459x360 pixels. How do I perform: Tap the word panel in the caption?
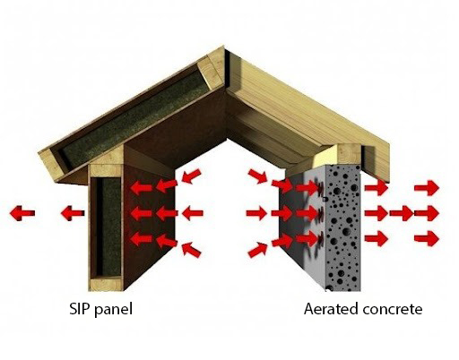(113, 310)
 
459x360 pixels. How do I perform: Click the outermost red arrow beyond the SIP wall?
(22, 213)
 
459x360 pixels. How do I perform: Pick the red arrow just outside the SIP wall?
(73, 213)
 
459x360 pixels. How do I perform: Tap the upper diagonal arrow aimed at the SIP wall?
(191, 176)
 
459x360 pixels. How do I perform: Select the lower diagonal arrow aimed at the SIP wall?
(191, 250)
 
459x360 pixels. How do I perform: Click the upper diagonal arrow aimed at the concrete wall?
(257, 176)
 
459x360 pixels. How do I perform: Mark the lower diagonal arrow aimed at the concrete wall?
(257, 250)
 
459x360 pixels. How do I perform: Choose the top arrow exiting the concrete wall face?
(377, 188)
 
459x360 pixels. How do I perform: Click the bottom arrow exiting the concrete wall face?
(377, 239)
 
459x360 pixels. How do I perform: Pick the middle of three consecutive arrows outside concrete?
(402, 213)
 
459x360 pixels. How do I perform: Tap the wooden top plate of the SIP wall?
(107, 170)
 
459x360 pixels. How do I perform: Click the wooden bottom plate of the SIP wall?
(107, 284)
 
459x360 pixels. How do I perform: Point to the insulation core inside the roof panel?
(134, 118)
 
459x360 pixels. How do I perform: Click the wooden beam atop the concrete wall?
(338, 155)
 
